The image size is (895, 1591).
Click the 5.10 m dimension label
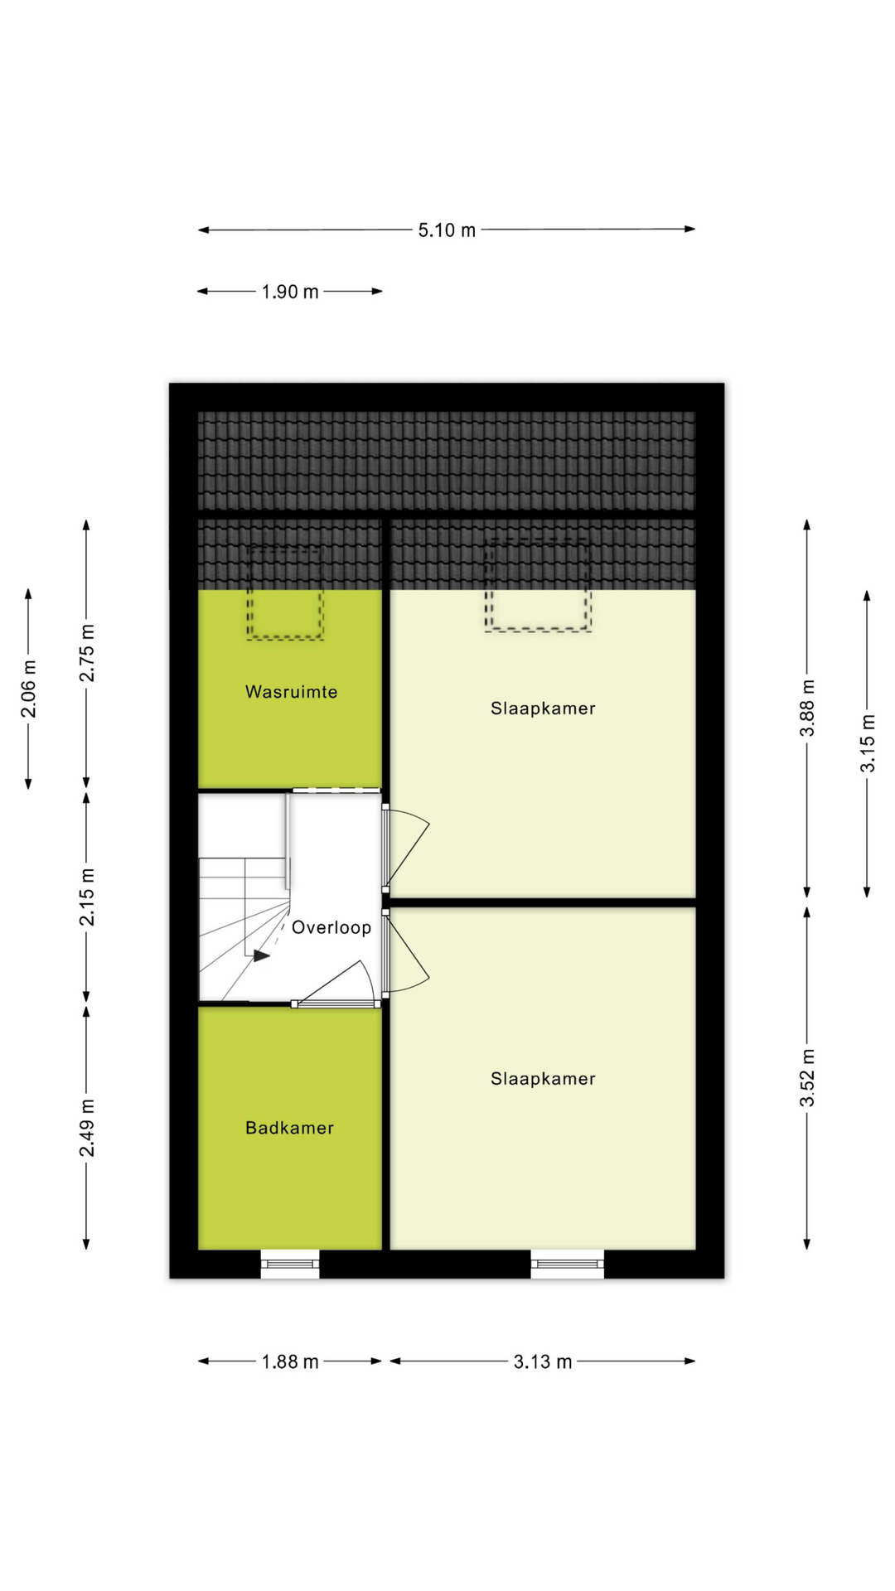(447, 230)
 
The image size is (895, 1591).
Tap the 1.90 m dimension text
(290, 292)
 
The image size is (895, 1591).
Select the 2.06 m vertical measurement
(29, 689)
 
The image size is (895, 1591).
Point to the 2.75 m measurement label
(87, 653)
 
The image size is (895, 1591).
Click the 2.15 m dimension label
(87, 897)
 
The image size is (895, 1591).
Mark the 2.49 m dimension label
(87, 1128)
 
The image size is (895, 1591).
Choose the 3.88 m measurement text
(807, 708)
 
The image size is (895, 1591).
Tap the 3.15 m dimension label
(867, 743)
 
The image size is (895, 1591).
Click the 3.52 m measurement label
(807, 1077)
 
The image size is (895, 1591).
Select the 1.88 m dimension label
(290, 1362)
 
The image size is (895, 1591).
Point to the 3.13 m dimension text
(543, 1362)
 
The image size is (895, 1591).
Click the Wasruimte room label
(291, 692)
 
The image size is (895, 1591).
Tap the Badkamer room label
(289, 1128)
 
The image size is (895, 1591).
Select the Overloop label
(331, 927)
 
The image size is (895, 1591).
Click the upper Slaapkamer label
(543, 708)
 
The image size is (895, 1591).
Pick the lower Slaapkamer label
(543, 1079)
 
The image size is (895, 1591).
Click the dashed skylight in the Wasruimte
(285, 593)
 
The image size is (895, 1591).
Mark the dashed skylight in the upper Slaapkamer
(539, 585)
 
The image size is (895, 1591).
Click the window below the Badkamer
(290, 1264)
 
